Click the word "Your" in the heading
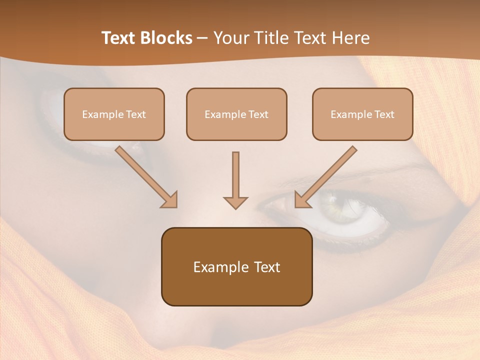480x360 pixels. click(230, 38)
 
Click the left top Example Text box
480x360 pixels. click(114, 114)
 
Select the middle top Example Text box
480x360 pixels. click(236, 114)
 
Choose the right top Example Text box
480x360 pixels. click(362, 114)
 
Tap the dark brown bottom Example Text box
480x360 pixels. click(236, 266)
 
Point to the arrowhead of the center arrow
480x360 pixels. click(235, 202)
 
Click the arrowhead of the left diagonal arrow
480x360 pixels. click(170, 200)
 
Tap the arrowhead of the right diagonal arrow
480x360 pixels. click(302, 200)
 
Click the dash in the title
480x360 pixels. click(202, 38)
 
